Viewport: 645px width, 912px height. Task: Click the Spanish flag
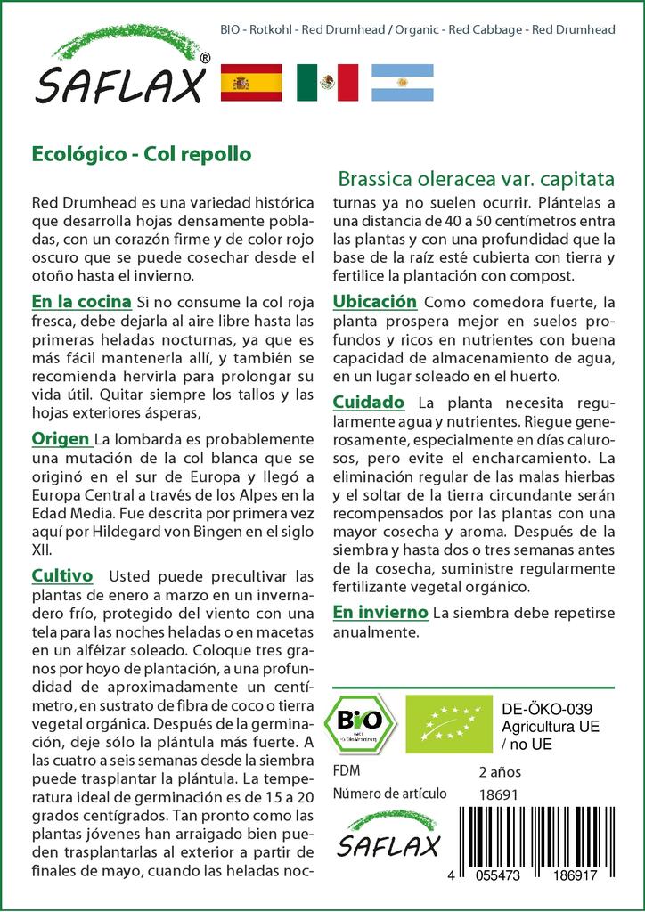250,82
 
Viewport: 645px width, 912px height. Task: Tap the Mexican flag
327,82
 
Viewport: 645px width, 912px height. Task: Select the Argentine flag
402,82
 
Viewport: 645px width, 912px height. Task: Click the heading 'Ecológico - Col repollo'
141,153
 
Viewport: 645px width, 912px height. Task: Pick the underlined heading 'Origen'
61,438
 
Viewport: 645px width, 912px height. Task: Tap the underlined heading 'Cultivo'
62,575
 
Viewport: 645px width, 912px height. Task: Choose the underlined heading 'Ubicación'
374,302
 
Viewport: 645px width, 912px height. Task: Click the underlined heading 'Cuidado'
368,402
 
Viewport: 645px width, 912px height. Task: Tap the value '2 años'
500,771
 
